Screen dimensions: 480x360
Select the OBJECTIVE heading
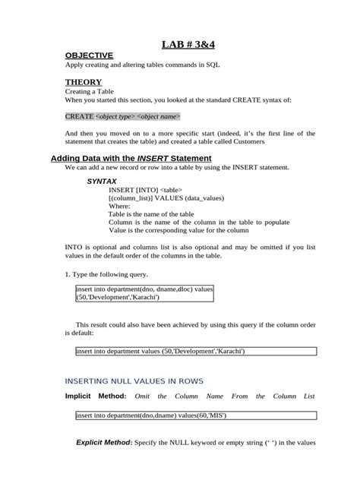(x=89, y=55)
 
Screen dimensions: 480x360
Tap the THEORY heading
(x=83, y=81)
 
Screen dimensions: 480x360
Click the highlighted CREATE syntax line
(x=122, y=116)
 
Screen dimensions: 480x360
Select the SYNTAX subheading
(x=101, y=182)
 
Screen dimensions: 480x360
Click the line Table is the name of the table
(x=151, y=215)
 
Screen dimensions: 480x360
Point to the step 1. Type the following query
(x=106, y=273)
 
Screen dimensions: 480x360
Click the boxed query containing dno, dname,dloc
(x=144, y=294)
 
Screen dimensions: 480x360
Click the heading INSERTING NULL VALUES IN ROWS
(x=134, y=381)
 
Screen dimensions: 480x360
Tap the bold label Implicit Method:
(x=96, y=396)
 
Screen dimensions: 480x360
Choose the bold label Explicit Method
(x=104, y=443)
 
